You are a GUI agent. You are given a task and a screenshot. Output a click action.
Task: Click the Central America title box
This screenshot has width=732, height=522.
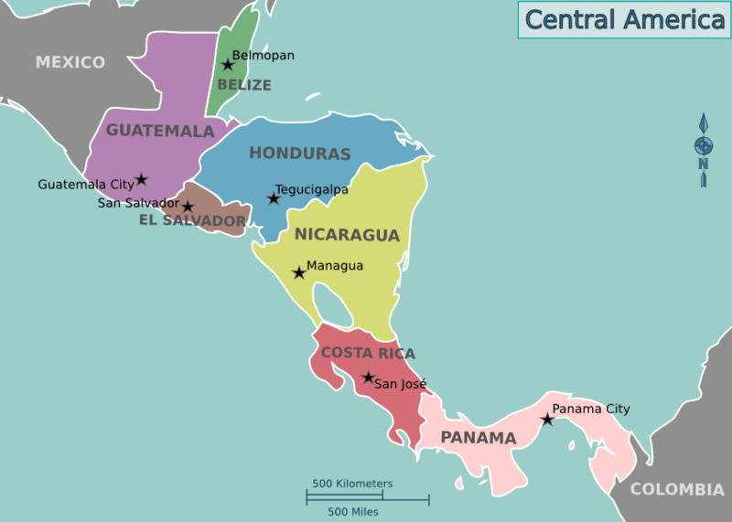pyautogui.click(x=624, y=19)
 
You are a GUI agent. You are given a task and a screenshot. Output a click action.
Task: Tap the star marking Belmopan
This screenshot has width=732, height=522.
pyautogui.click(x=228, y=65)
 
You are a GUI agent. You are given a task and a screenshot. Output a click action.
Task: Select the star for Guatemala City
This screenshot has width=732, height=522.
pyautogui.click(x=142, y=180)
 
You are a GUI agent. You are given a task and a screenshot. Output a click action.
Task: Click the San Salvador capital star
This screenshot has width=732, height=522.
pyautogui.click(x=188, y=208)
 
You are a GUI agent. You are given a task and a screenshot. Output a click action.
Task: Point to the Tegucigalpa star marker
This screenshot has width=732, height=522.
pyautogui.click(x=273, y=198)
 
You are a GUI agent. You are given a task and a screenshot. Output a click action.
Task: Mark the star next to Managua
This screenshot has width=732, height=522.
pyautogui.click(x=298, y=272)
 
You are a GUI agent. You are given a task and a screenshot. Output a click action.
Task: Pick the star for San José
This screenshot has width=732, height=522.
pyautogui.click(x=368, y=378)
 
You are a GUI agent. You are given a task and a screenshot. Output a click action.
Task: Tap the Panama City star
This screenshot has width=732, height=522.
pyautogui.click(x=547, y=420)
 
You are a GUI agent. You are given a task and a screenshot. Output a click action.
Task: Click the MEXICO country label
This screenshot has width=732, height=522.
pyautogui.click(x=70, y=62)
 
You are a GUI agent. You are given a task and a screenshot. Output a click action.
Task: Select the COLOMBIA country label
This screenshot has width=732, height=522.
pyautogui.click(x=676, y=490)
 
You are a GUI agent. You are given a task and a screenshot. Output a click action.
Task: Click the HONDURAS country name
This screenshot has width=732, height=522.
pyautogui.click(x=300, y=154)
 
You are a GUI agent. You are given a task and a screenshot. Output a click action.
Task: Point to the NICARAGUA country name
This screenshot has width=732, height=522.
pyautogui.click(x=347, y=235)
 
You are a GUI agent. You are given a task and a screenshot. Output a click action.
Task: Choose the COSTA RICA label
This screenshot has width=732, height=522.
pyautogui.click(x=368, y=353)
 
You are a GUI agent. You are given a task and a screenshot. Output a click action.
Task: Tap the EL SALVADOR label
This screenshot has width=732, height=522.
pyautogui.click(x=192, y=220)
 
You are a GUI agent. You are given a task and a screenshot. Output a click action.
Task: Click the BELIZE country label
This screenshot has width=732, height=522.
pyautogui.click(x=244, y=85)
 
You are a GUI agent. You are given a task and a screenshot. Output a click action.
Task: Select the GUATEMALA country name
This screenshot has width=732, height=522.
pyautogui.click(x=160, y=131)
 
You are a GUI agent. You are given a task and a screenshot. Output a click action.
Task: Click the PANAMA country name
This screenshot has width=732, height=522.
pyautogui.click(x=479, y=438)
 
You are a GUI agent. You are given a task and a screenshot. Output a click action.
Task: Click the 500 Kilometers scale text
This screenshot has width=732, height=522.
pyautogui.click(x=352, y=484)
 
